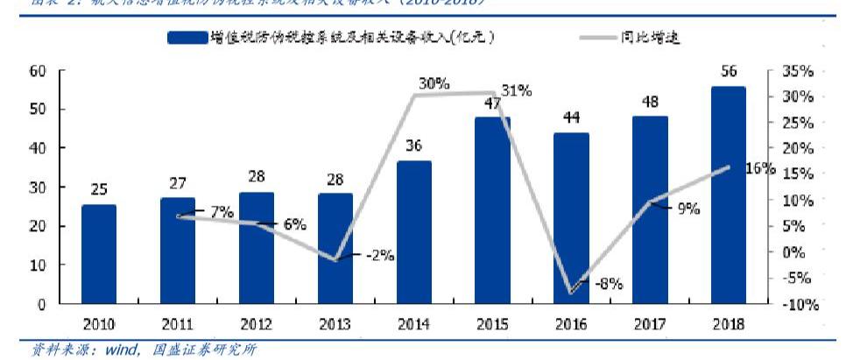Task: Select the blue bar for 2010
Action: pos(99,254)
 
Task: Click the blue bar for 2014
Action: pos(414,232)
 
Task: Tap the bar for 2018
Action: pos(729,194)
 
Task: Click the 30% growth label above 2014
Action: pos(434,84)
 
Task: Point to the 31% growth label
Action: pos(516,90)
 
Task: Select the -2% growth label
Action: pos(380,256)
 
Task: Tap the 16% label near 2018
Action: pos(759,168)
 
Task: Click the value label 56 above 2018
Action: pos(729,72)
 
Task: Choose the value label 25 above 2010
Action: pos(99,189)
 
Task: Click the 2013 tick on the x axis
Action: pos(335,324)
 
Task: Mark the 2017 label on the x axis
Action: pos(650,324)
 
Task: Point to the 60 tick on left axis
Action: pos(38,71)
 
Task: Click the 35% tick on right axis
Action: pos(799,71)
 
